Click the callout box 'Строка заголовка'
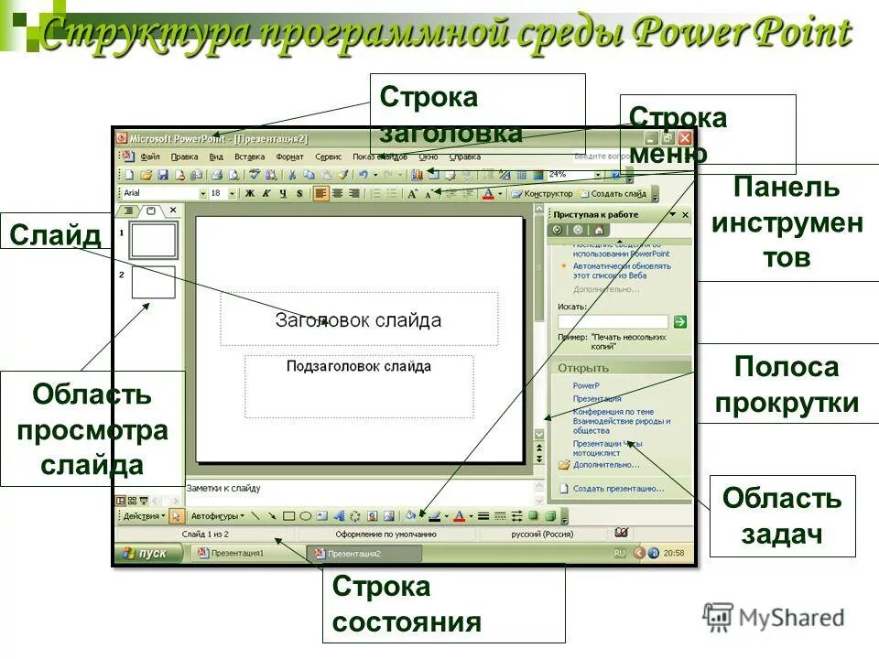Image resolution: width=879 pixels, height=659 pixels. tap(477, 114)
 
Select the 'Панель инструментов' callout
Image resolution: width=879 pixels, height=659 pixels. tap(787, 222)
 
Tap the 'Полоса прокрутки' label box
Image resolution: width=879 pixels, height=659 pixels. tap(787, 384)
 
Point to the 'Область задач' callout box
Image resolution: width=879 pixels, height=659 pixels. tap(782, 516)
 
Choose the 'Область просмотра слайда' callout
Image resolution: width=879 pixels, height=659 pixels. tap(92, 429)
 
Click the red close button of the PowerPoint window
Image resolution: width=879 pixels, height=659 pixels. tap(684, 138)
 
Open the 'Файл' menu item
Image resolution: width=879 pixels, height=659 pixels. tap(151, 157)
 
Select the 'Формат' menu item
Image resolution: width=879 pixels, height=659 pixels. tap(289, 157)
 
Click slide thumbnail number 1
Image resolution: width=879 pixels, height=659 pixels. tap(153, 240)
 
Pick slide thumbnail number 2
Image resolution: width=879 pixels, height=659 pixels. tap(153, 282)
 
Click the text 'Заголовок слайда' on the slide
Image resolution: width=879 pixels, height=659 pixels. tap(358, 320)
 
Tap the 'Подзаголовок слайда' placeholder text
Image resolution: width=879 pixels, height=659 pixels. tap(358, 366)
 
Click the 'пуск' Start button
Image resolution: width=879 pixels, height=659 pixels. tap(146, 554)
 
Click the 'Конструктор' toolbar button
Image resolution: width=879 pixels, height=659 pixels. tap(543, 194)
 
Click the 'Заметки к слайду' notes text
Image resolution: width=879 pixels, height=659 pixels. tap(224, 489)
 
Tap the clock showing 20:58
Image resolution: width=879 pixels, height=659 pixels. tap(674, 554)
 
